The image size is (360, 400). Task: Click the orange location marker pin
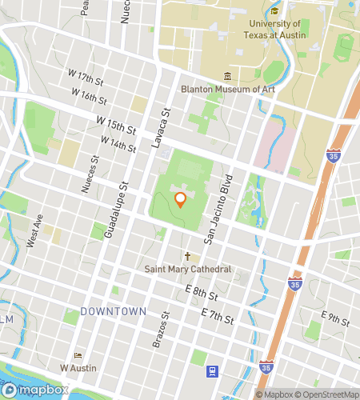[x=181, y=199]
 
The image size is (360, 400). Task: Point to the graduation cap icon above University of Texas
[x=274, y=11]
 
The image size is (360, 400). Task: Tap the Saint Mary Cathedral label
[x=188, y=270]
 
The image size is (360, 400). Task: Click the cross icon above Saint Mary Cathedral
[x=188, y=257]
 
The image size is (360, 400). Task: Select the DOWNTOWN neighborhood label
[x=113, y=310]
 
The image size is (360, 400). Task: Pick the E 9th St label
[x=336, y=318]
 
